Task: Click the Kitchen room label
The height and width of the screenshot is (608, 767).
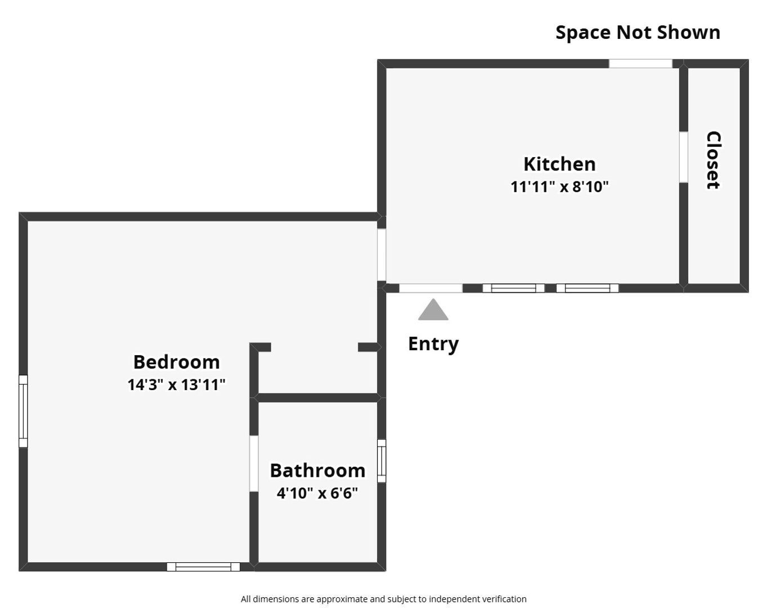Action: tap(559, 164)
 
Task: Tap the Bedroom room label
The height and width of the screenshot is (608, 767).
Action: tap(176, 361)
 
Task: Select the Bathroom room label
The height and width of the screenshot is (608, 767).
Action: tap(317, 470)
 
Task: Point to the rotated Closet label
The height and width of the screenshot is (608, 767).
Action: tap(714, 160)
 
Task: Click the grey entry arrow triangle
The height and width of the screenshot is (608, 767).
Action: tap(433, 310)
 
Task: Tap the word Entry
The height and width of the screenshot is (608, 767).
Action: tap(433, 343)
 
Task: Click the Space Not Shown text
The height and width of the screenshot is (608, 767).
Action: tap(638, 32)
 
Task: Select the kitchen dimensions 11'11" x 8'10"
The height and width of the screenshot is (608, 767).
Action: tap(559, 186)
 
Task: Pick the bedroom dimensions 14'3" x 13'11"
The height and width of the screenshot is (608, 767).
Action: tap(176, 385)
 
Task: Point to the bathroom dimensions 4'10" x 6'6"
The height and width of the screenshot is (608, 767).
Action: tap(317, 493)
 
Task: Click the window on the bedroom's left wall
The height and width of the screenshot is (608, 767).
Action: tap(23, 411)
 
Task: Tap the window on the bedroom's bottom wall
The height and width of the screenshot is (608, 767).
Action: tap(203, 567)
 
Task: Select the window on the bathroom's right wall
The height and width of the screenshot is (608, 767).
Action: tap(382, 461)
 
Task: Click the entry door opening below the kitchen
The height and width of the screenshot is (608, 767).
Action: tap(431, 288)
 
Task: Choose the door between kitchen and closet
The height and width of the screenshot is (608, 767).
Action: tap(683, 157)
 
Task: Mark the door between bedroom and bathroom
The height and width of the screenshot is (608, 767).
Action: tap(254, 463)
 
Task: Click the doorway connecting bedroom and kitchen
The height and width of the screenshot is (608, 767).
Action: tap(382, 254)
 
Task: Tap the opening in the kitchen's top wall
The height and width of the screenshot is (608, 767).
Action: tap(640, 64)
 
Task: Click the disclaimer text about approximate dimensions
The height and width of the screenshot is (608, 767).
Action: tap(383, 599)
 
